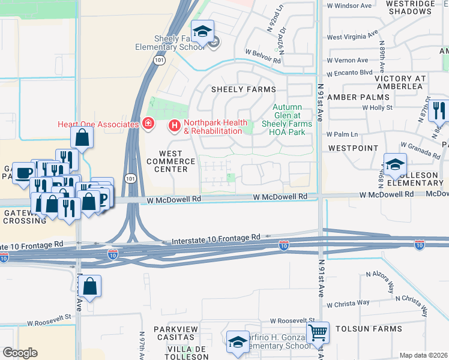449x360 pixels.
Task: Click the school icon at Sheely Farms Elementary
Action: coord(203,31)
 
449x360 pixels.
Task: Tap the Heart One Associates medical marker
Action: coord(148,124)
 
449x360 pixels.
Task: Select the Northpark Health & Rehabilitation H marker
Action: coord(174,125)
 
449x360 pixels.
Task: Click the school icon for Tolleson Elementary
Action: coord(395,164)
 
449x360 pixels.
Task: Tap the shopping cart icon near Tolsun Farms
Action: coord(318,332)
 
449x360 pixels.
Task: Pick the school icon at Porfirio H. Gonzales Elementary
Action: coord(238,341)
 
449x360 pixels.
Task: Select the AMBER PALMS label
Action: coord(358,97)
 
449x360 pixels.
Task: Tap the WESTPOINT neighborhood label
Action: coord(354,148)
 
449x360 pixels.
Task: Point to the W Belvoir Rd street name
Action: coord(263,60)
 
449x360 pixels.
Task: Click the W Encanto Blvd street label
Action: coord(349,72)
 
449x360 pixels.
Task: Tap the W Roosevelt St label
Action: coord(292,321)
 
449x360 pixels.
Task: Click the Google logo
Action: coord(20,353)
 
